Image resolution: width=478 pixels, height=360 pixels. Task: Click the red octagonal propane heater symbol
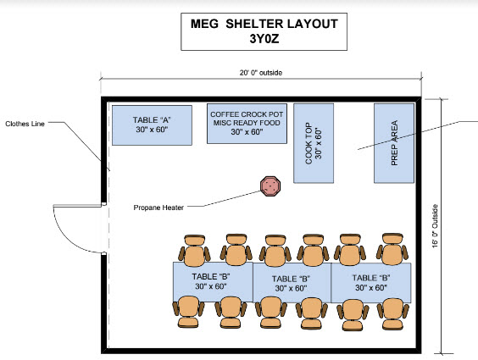pyautogui.click(x=270, y=186)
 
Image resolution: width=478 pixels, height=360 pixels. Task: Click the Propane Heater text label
pyautogui.click(x=158, y=208)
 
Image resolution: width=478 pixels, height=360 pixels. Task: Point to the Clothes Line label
pyautogui.click(x=25, y=124)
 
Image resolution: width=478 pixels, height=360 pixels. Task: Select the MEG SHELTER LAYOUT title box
pyautogui.click(x=264, y=31)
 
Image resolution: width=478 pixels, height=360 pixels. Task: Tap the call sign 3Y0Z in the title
pyautogui.click(x=264, y=39)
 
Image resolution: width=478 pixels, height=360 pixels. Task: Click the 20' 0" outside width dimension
pyautogui.click(x=261, y=73)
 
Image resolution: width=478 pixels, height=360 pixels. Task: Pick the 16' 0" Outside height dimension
pyautogui.click(x=435, y=226)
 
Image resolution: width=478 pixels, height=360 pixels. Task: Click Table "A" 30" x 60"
pyautogui.click(x=152, y=125)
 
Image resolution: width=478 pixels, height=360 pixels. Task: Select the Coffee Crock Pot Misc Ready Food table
pyautogui.click(x=247, y=124)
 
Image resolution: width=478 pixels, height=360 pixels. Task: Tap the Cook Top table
pyautogui.click(x=314, y=143)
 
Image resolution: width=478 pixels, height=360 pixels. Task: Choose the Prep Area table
pyautogui.click(x=394, y=143)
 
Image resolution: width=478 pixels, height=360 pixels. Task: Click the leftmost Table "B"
pyautogui.click(x=213, y=282)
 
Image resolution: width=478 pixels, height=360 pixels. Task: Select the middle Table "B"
pyautogui.click(x=292, y=283)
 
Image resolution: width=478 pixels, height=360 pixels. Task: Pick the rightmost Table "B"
pyautogui.click(x=371, y=283)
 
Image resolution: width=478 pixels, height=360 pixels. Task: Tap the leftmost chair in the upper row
pyautogui.click(x=194, y=251)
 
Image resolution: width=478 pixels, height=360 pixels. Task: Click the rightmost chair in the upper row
pyautogui.click(x=392, y=249)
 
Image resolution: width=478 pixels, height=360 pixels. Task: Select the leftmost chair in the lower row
pyautogui.click(x=189, y=312)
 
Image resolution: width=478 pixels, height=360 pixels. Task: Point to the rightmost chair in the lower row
pyautogui.click(x=392, y=314)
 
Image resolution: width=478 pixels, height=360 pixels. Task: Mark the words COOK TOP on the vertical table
pyautogui.click(x=308, y=143)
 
